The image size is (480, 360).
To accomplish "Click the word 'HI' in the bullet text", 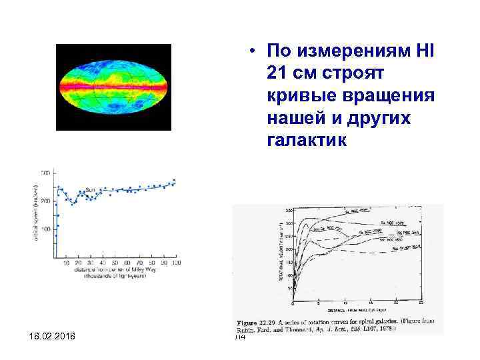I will pyautogui.click(x=424, y=51).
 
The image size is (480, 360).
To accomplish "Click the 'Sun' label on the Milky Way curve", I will pyautogui.click(x=90, y=189).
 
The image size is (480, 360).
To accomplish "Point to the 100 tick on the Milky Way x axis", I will pyautogui.click(x=176, y=264).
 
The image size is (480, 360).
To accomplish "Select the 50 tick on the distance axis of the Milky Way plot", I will pyautogui.click(x=115, y=264).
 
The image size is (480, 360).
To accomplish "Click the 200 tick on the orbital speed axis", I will pyautogui.click(x=45, y=201).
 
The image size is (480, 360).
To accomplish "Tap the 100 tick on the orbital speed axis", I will pyautogui.click(x=45, y=229).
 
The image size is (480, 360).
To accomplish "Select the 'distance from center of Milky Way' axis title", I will pyautogui.click(x=116, y=271).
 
